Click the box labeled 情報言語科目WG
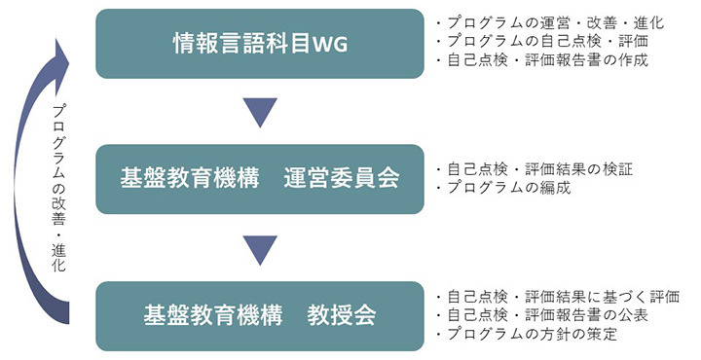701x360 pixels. tap(260, 44)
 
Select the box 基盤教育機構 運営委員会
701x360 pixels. tap(260, 179)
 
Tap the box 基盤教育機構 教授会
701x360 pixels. tap(260, 316)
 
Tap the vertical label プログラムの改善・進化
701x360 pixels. tap(60, 189)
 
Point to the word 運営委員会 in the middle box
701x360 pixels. tap(342, 179)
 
